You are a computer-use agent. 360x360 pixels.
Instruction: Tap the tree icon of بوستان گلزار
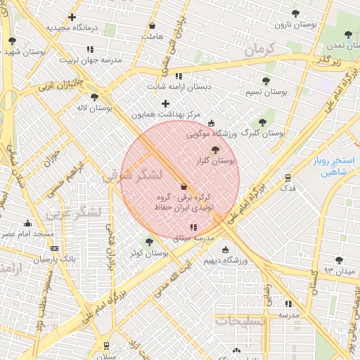point(215,150)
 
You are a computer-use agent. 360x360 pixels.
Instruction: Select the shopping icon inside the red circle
point(184,186)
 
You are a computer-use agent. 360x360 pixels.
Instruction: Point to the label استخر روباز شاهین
point(333,166)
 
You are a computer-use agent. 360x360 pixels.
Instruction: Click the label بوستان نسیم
point(266,92)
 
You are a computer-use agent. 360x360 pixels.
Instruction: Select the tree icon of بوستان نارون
point(295,13)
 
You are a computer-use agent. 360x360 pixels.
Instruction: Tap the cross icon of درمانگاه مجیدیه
point(72,17)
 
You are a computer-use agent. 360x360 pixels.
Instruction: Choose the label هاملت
point(151,37)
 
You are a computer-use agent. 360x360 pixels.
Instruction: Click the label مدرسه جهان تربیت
point(90,60)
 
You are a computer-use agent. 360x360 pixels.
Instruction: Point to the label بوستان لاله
point(95,108)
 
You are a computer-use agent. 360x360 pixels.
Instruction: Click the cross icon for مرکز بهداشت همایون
point(165,103)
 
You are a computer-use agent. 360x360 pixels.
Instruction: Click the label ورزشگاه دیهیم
point(225,261)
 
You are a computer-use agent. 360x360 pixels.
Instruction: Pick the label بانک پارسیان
point(54,259)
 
